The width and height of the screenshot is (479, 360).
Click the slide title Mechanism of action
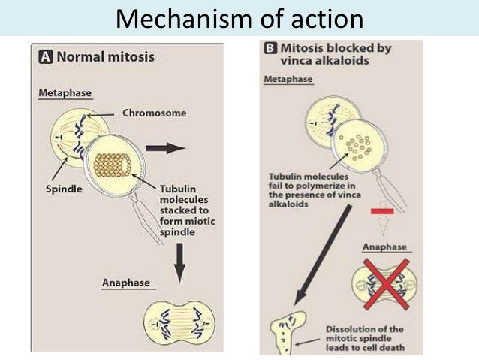point(239,18)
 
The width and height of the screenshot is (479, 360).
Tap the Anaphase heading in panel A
point(126,283)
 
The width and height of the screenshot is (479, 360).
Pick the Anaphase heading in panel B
point(384,247)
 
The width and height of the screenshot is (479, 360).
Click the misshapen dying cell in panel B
point(288,331)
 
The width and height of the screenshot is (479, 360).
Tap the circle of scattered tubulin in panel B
point(354,143)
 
